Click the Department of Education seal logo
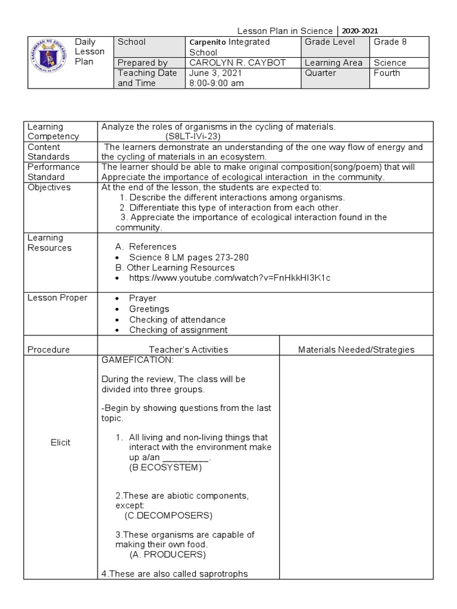[50, 62]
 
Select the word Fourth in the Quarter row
[387, 73]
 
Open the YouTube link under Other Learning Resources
[230, 278]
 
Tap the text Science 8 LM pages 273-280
[189, 257]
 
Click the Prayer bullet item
[143, 298]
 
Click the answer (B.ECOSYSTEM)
[165, 468]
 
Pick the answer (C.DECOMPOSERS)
[169, 515]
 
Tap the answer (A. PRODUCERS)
[167, 555]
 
